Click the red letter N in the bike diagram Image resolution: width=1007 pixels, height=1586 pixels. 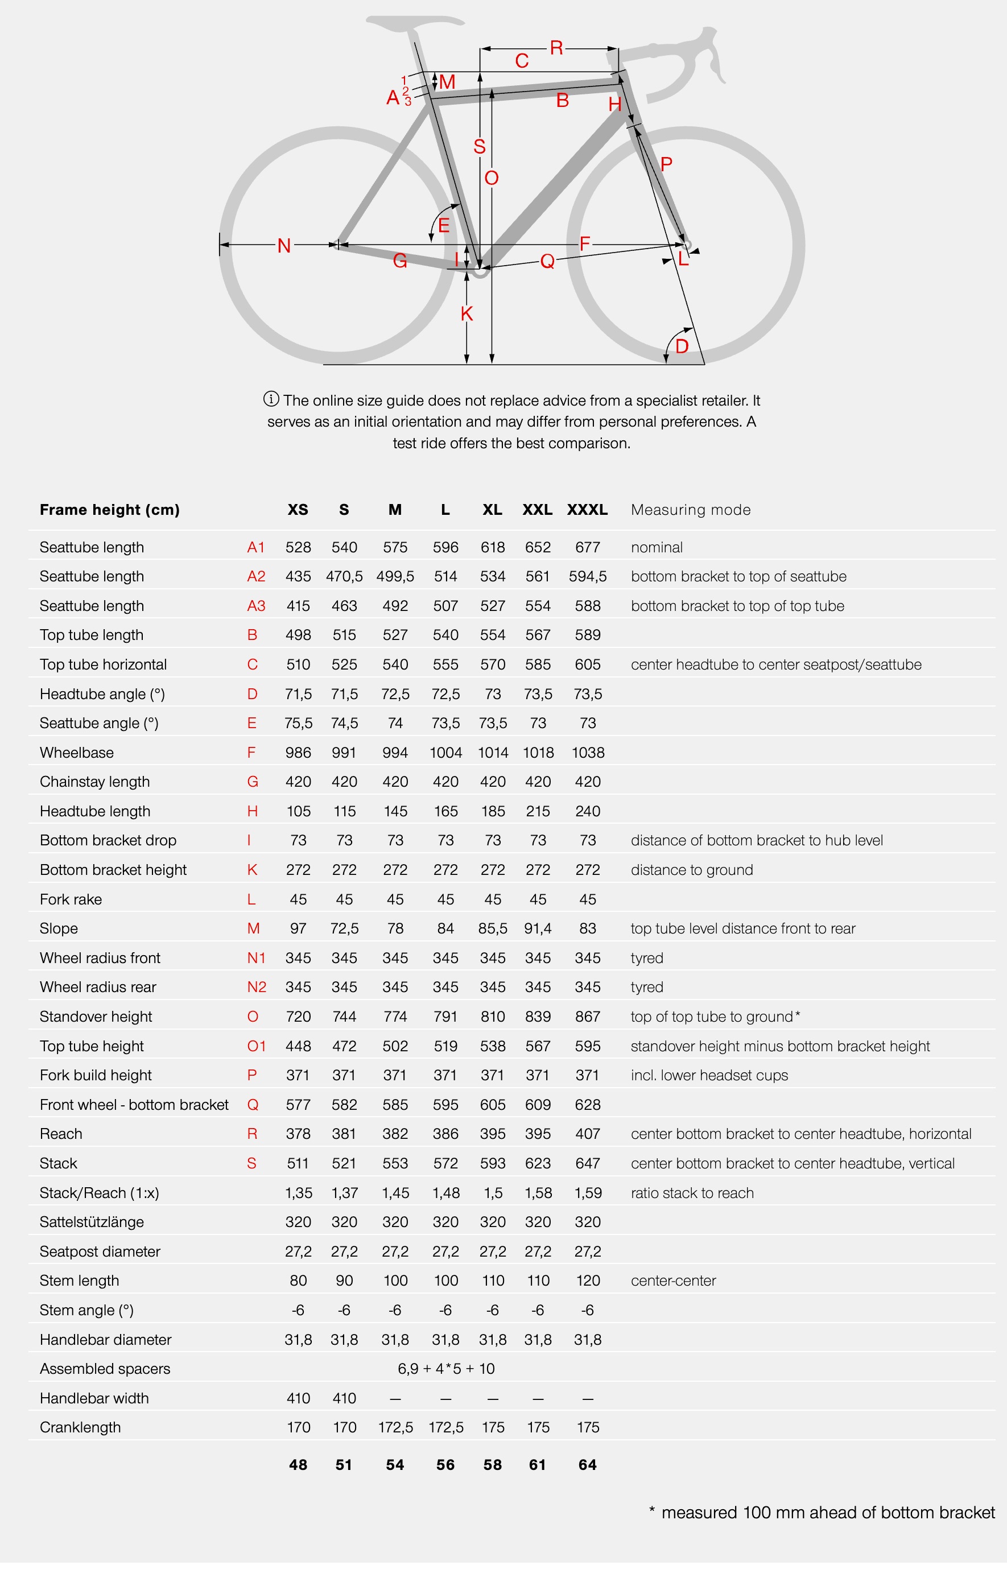284,246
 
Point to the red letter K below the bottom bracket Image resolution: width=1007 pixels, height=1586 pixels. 467,313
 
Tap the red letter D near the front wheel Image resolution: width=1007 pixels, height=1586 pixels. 682,346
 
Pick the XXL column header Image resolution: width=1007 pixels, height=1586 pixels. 538,510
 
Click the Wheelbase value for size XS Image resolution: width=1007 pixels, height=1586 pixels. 298,752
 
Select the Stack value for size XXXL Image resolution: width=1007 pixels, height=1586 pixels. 588,1163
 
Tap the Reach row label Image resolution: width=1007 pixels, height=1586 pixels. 61,1134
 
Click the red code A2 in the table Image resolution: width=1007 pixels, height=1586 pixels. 255,576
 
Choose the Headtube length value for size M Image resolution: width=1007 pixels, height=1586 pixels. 395,811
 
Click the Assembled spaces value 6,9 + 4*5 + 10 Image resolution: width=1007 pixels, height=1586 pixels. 446,1369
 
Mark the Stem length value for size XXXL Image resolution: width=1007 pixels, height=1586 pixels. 588,1281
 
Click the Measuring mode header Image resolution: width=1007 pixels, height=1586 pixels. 690,510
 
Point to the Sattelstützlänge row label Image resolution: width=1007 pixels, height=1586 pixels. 92,1222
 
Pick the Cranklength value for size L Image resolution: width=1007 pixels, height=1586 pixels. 446,1427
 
